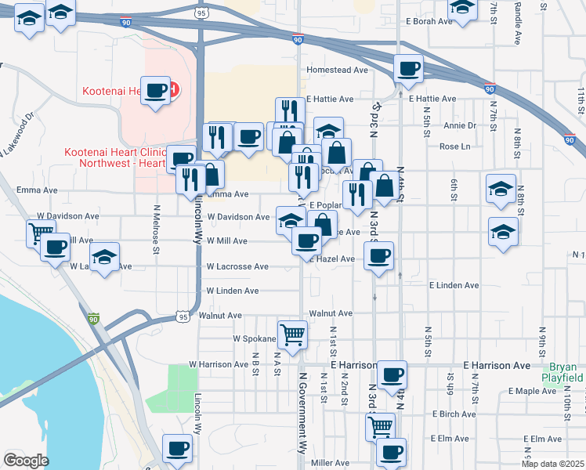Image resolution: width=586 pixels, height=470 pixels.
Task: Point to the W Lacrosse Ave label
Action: [237, 266]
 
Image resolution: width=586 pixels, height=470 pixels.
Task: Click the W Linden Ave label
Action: [232, 291]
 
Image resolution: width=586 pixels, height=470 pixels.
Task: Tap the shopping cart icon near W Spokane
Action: [292, 334]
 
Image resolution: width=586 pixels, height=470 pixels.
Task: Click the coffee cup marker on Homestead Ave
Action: [407, 68]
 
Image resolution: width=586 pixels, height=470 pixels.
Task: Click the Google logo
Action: [25, 461]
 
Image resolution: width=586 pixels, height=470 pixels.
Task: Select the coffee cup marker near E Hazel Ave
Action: [378, 255]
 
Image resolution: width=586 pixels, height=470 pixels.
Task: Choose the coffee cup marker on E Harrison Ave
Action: [391, 374]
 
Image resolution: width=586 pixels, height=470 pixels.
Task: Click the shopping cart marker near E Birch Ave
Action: [380, 426]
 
